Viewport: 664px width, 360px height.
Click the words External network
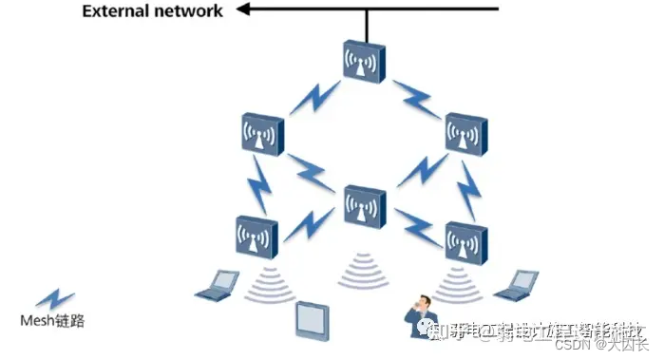pos(152,11)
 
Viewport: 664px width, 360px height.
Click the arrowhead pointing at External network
pos(243,10)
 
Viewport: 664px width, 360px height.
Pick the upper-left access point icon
pos(261,135)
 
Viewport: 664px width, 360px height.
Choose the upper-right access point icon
pos(466,134)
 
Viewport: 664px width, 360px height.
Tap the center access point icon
pos(365,207)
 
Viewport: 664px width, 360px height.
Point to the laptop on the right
pos(518,282)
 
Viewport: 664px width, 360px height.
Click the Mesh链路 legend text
pos(52,320)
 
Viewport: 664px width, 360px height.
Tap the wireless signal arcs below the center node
pos(364,269)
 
